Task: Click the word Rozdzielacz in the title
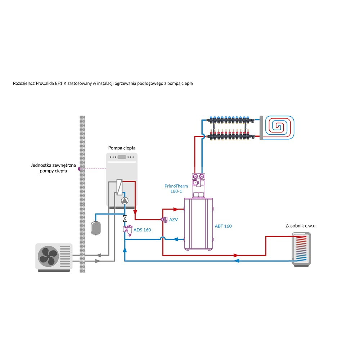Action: [24, 83]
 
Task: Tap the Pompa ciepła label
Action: [122, 148]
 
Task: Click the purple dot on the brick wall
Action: [80, 168]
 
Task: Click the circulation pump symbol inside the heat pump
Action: [124, 201]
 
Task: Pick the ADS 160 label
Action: [142, 230]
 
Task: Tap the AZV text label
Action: [174, 219]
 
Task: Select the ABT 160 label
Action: [223, 226]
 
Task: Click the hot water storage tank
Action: [302, 249]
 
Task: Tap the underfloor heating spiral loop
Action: [278, 127]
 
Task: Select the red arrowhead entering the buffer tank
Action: [176, 209]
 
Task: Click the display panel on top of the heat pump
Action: [122, 157]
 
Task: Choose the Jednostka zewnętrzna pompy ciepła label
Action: [54, 168]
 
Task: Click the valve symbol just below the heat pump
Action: [125, 218]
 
